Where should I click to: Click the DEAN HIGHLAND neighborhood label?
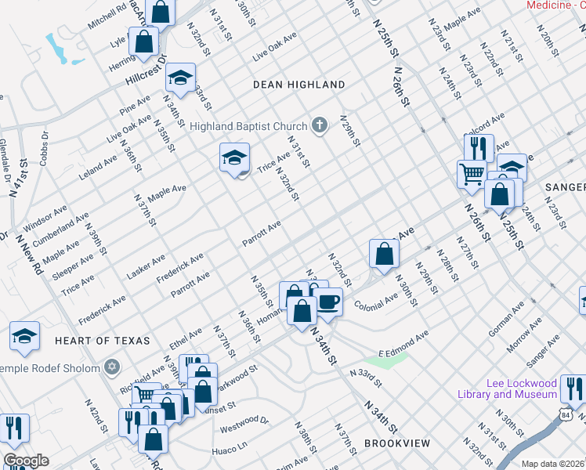pos(298,84)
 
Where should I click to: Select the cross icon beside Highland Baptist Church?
pos(319,125)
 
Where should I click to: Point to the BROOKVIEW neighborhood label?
pos(397,443)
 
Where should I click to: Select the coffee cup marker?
pos(327,301)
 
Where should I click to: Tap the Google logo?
pos(26,461)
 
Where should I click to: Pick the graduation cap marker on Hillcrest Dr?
pos(181,78)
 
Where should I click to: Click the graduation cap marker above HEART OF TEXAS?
pos(24,335)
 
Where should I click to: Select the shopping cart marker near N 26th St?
pos(472,174)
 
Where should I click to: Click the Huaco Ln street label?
pos(230,452)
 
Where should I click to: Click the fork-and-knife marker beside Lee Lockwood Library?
pos(575,389)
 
